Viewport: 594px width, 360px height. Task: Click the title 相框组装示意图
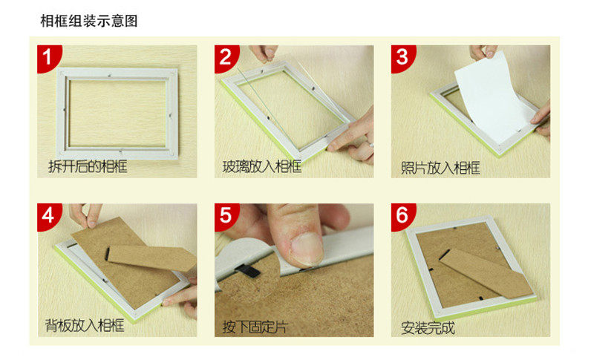click(x=89, y=21)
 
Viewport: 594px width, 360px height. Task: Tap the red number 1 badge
click(x=48, y=58)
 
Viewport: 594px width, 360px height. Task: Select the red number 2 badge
click(x=226, y=58)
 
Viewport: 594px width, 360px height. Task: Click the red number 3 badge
click(x=402, y=58)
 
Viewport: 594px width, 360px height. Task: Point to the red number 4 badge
click(x=48, y=216)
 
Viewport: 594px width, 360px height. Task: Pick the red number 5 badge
click(x=226, y=216)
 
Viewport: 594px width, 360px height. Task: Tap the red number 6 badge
click(x=402, y=216)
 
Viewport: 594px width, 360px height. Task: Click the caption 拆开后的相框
click(x=88, y=166)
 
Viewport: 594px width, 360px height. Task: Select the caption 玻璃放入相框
click(x=262, y=166)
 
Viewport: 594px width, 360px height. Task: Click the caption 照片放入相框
click(x=440, y=168)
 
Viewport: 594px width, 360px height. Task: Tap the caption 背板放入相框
click(x=85, y=325)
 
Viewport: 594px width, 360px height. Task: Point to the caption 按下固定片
click(x=255, y=327)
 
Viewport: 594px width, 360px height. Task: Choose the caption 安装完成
click(x=428, y=328)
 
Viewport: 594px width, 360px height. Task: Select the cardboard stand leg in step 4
click(x=151, y=258)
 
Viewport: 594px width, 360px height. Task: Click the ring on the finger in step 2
click(x=371, y=145)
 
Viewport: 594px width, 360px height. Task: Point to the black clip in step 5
click(x=248, y=270)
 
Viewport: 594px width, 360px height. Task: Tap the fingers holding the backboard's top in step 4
click(x=85, y=215)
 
